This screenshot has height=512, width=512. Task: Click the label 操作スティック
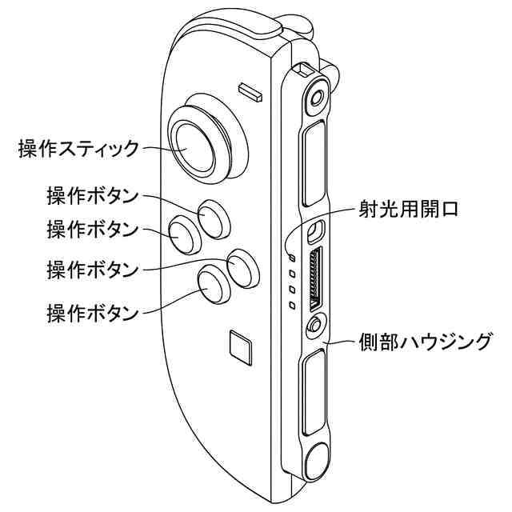(x=78, y=148)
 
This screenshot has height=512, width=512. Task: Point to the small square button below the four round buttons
(x=239, y=346)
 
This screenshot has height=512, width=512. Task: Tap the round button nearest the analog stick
(x=213, y=217)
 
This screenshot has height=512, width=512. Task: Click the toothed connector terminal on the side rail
(x=316, y=279)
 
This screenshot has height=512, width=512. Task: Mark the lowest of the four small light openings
(x=293, y=306)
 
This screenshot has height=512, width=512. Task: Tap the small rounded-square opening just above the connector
(x=315, y=231)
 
